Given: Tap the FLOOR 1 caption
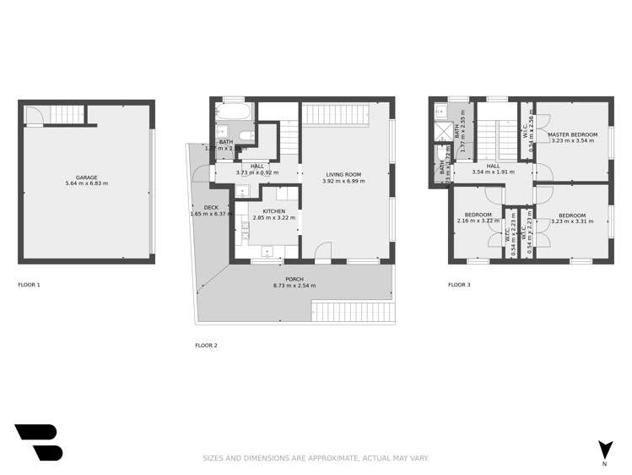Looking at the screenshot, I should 29,285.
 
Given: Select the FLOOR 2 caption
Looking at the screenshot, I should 206,346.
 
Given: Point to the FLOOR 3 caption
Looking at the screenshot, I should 459,285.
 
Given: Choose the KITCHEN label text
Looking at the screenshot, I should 273,211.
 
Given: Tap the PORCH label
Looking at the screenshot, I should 294,280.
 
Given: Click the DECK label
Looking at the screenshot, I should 210,208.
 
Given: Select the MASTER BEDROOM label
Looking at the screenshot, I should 572,135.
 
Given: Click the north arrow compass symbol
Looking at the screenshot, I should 604,450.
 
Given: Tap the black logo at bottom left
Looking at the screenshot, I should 38,442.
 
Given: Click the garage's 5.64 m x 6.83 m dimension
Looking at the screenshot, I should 86,183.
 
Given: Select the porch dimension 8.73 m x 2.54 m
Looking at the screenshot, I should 294,286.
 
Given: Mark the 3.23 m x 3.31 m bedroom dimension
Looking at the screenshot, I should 571,221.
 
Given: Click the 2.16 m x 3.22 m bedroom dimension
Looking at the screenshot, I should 478,221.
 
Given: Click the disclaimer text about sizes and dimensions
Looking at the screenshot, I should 316,458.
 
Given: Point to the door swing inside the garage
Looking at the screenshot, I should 33,115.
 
